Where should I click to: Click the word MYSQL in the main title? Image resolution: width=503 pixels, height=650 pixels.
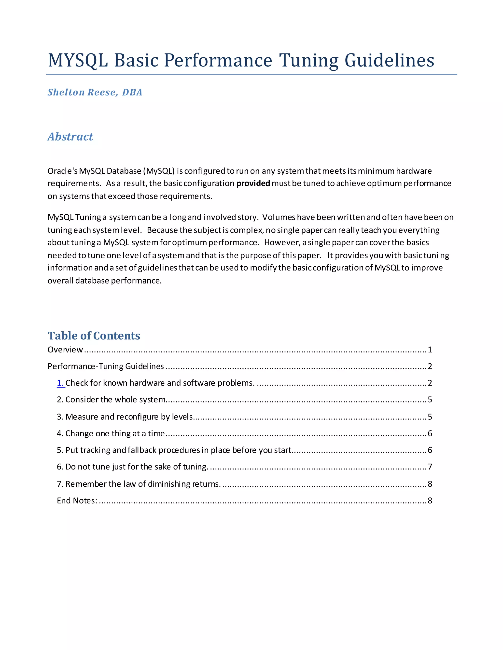pyautogui.click(x=78, y=60)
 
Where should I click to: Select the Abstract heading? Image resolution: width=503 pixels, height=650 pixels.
pyautogui.click(x=70, y=137)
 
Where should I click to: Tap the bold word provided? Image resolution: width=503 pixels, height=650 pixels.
pyautogui.click(x=253, y=183)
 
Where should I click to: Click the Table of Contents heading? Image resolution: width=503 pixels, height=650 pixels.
pyautogui.click(x=94, y=336)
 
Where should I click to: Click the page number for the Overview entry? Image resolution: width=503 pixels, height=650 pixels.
pyautogui.click(x=430, y=350)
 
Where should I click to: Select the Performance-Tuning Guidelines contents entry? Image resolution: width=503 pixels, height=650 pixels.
pyautogui.click(x=106, y=366)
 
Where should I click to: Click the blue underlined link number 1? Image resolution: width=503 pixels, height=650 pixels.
pyautogui.click(x=60, y=383)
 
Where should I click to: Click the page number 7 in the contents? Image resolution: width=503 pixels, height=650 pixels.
pyautogui.click(x=430, y=467)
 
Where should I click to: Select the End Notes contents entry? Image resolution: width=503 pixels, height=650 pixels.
pyautogui.click(x=77, y=501)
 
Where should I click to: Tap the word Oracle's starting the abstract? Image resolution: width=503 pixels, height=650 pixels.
pyautogui.click(x=62, y=171)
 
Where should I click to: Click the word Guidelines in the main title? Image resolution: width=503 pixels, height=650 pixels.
pyautogui.click(x=389, y=60)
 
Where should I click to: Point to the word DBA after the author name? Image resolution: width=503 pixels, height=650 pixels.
pyautogui.click(x=132, y=92)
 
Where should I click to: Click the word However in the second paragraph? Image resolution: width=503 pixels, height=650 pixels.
pyautogui.click(x=282, y=243)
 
